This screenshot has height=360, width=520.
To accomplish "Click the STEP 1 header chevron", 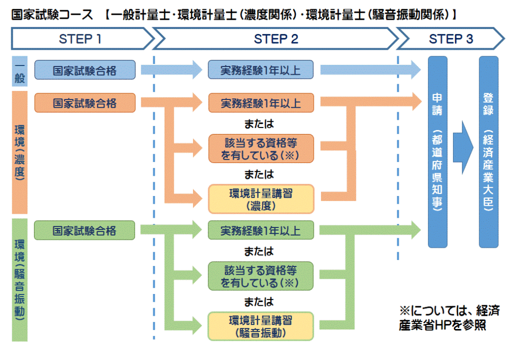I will point(81,39).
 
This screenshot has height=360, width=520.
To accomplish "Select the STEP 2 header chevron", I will point(276,39).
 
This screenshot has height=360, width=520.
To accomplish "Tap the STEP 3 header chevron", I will point(451,39).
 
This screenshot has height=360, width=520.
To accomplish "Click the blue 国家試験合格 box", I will point(85,70).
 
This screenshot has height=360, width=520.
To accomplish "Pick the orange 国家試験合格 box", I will point(85,103).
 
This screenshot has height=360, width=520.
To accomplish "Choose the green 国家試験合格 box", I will point(85,231).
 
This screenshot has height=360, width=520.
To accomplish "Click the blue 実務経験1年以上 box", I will point(261,70).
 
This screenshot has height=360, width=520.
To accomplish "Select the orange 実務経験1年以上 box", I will point(261,103).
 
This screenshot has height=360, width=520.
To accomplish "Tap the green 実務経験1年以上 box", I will point(261,231).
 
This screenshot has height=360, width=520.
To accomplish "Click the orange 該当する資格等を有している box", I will point(261,148).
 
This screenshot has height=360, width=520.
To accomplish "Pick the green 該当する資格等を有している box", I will point(261,276).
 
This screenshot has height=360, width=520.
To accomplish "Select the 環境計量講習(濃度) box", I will point(261,199).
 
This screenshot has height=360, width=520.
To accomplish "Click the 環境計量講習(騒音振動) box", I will point(261,326).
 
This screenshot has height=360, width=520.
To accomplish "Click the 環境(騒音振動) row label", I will point(19,279).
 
